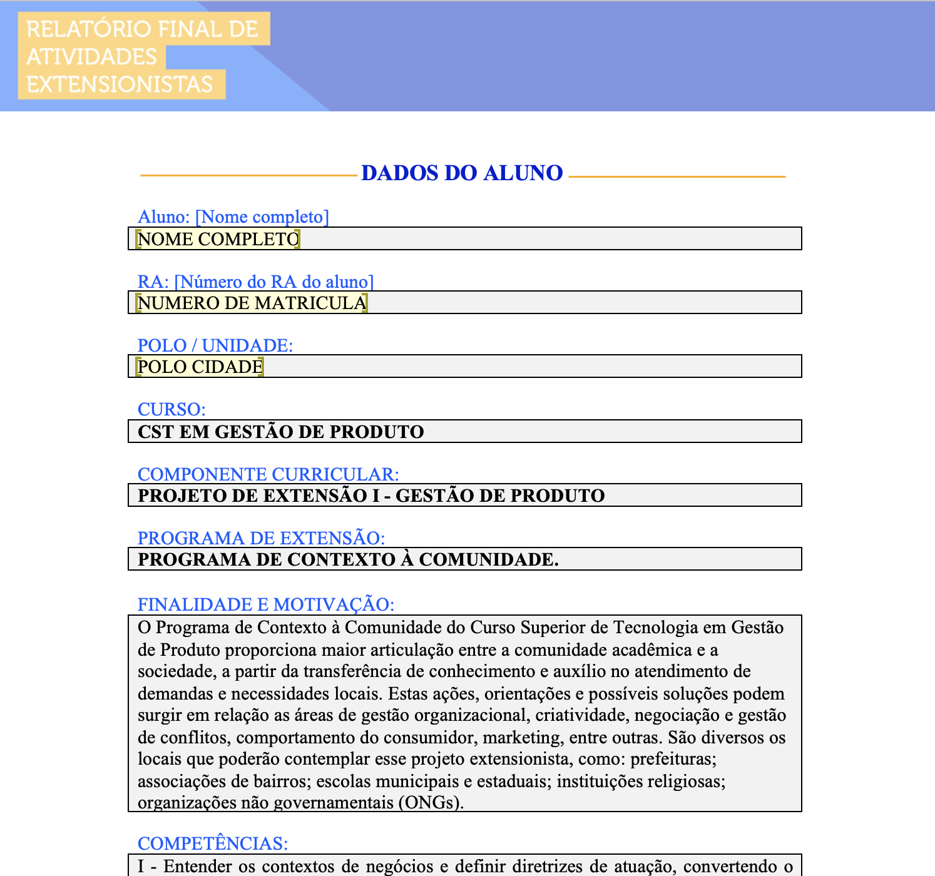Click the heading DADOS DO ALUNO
click(462, 173)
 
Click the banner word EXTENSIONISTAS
click(120, 84)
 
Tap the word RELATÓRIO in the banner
click(80, 29)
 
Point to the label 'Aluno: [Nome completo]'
click(233, 216)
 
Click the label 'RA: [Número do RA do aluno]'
click(255, 282)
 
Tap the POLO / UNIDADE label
click(215, 345)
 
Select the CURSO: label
click(171, 409)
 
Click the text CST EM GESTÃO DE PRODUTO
click(280, 432)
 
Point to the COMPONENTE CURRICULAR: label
click(268, 474)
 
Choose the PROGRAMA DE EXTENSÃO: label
click(261, 538)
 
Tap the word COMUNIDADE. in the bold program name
click(488, 559)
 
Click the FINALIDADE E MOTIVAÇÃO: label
click(265, 604)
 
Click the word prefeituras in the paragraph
click(673, 759)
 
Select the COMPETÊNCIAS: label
click(213, 843)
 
